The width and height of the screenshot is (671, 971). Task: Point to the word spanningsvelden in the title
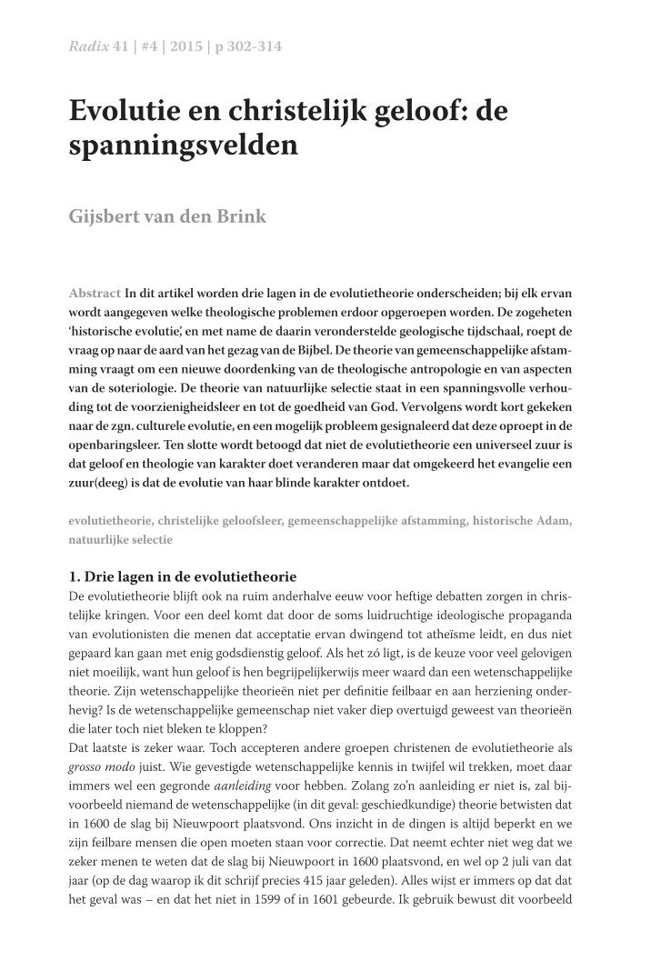[184, 145]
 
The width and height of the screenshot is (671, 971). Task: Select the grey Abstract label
[95, 293]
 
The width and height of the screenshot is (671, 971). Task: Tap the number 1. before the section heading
[75, 577]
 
